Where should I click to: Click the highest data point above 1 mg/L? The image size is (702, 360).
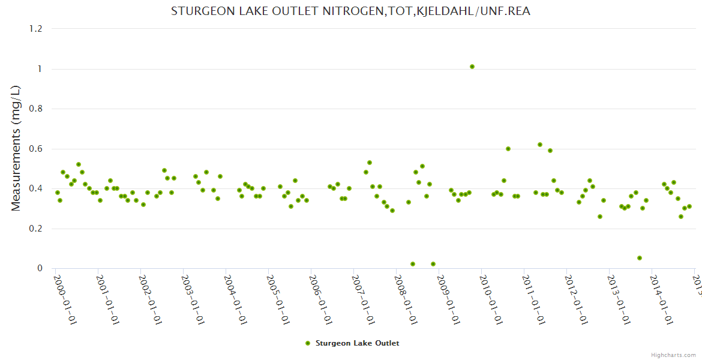472,67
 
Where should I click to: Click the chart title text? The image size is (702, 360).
350,11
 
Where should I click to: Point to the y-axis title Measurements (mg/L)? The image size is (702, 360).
16,148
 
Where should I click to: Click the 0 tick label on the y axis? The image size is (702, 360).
40,268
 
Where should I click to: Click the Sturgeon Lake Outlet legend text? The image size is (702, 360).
357,343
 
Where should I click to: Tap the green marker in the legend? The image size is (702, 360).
308,343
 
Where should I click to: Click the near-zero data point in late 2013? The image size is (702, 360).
640,258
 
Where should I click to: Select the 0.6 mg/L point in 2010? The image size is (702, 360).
508,149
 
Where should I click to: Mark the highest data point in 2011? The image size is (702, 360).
540,145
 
